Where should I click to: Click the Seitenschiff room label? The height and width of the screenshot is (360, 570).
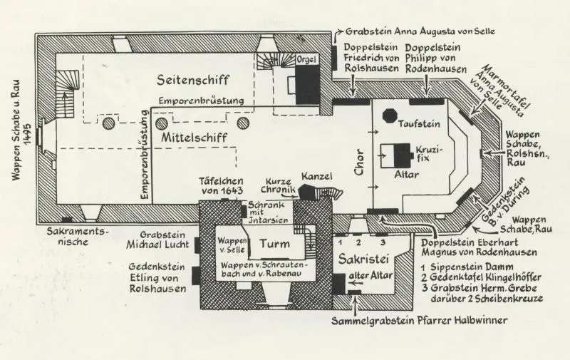tap(192, 80)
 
